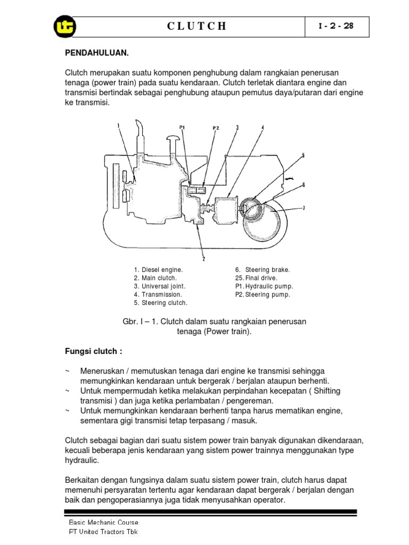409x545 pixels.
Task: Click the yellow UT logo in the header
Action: (65, 27)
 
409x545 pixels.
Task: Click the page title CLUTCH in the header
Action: (197, 27)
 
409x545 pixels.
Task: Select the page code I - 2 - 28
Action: (336, 26)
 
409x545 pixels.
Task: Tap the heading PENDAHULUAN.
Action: (97, 54)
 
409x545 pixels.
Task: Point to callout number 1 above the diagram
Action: (118, 126)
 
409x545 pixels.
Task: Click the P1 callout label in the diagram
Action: (182, 127)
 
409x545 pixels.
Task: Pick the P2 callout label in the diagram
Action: (216, 128)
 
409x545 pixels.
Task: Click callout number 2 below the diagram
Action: (203, 259)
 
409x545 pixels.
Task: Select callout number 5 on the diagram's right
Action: (302, 155)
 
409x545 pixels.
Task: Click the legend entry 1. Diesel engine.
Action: (158, 270)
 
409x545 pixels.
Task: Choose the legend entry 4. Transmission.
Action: (158, 294)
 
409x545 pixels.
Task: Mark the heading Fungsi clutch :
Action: (94, 352)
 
